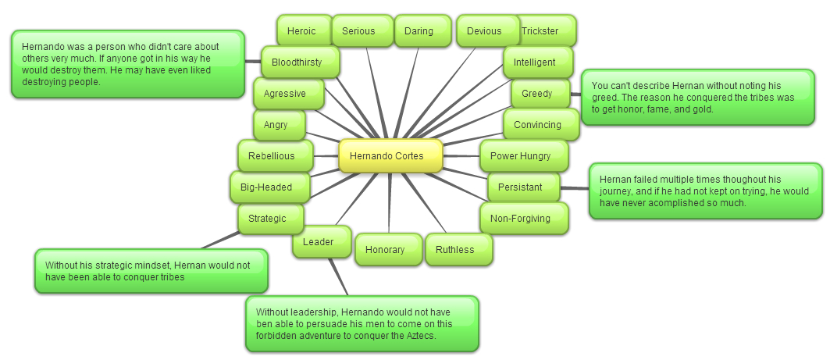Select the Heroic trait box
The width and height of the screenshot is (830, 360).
(x=301, y=31)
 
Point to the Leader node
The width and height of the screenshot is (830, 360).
(x=318, y=242)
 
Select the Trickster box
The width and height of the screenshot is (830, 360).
(x=550, y=31)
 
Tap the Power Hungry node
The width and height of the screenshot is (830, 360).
(x=520, y=156)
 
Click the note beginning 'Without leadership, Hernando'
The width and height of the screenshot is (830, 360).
(x=361, y=323)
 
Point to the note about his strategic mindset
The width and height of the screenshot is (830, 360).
(x=151, y=271)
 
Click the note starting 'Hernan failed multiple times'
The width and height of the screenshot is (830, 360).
(x=705, y=191)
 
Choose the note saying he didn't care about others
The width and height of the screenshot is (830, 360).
(x=126, y=64)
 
